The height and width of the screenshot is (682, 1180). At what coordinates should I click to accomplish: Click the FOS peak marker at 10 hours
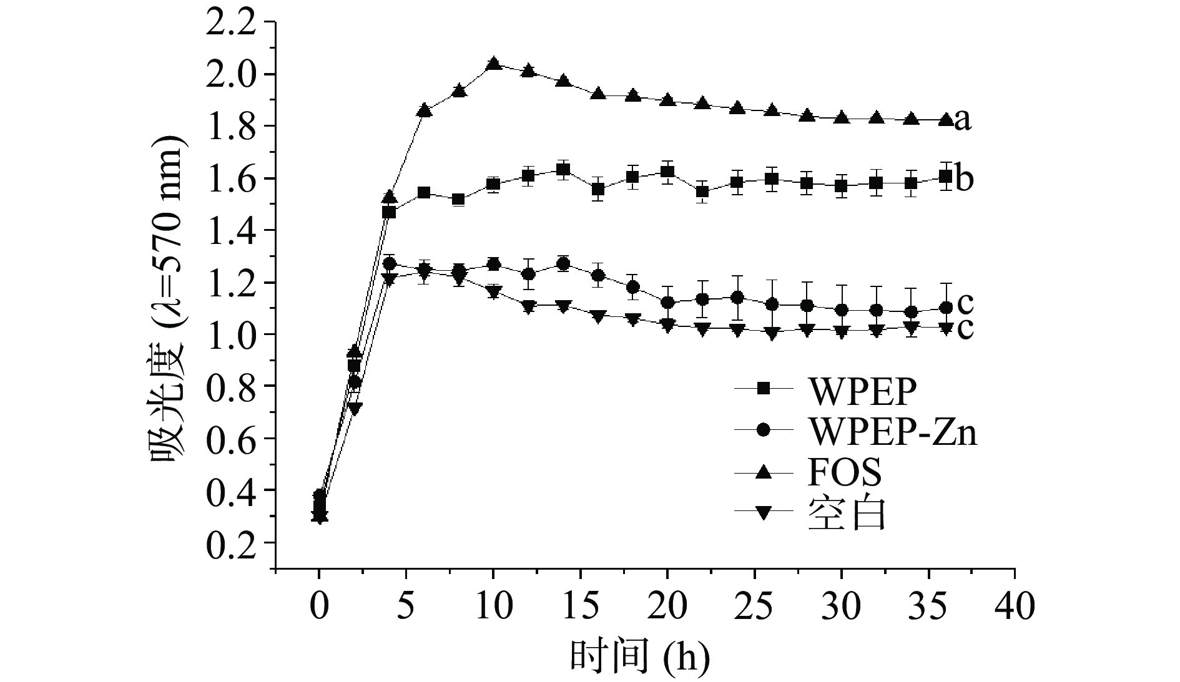493,64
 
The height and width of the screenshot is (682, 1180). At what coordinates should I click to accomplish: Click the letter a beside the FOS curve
963,120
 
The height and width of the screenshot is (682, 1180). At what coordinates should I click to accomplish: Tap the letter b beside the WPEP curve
963,180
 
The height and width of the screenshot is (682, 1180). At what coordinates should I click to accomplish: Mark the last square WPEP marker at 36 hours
945,177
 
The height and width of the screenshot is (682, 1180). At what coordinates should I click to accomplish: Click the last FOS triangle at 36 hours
945,119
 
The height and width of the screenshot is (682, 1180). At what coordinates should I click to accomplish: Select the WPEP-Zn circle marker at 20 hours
667,303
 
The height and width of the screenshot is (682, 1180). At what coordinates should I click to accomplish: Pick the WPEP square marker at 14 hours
563,170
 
